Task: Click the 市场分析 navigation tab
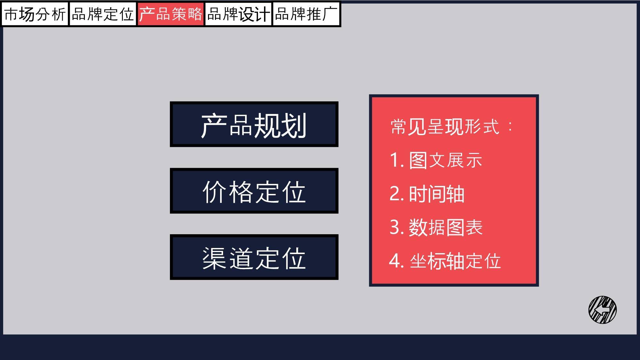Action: (x=35, y=14)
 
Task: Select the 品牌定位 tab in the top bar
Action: (x=103, y=14)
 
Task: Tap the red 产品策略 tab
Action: (x=171, y=14)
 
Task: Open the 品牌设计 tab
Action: (x=238, y=14)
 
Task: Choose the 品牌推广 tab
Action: (x=306, y=14)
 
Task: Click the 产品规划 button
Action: (x=254, y=124)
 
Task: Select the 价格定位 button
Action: (x=254, y=191)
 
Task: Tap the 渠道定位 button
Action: (x=254, y=257)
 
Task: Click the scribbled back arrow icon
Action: (x=603, y=310)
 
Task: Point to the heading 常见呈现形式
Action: (x=445, y=127)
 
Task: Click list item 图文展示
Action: (x=445, y=160)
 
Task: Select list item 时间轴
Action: (x=436, y=194)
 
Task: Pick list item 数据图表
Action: (x=445, y=227)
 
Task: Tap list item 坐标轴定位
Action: (x=455, y=261)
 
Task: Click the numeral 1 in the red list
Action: (x=394, y=160)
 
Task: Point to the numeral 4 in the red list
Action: (x=395, y=261)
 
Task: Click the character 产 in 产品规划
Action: (x=214, y=125)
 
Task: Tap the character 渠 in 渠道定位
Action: (x=215, y=258)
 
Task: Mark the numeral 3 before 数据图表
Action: (x=395, y=228)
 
